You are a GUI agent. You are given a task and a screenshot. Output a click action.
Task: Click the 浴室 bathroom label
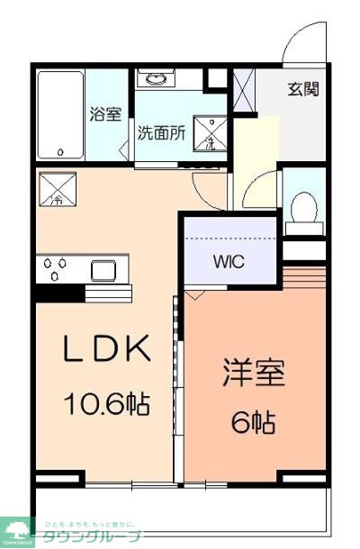click(x=105, y=114)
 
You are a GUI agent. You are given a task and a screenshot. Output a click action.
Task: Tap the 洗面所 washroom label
click(x=161, y=131)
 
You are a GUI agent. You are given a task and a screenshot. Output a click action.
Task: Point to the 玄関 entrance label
click(x=302, y=89)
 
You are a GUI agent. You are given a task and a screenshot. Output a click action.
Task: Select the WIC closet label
click(x=228, y=263)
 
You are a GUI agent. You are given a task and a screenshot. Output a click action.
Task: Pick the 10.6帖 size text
click(x=105, y=403)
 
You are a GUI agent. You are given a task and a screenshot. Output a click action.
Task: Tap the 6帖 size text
click(x=254, y=420)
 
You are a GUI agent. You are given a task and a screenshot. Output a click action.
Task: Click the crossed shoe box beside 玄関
click(x=243, y=88)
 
